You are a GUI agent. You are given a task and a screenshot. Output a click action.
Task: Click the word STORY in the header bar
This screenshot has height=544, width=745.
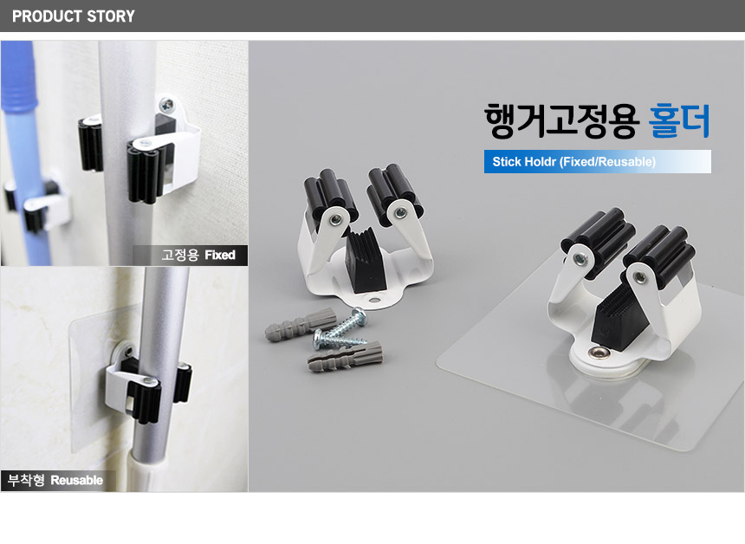[111, 16]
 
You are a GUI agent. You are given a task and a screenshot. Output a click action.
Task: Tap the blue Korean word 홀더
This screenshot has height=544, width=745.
[679, 120]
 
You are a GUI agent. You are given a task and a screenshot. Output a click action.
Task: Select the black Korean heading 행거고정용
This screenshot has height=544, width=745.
[561, 120]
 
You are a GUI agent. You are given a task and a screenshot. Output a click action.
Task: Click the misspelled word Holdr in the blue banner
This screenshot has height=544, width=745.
[541, 161]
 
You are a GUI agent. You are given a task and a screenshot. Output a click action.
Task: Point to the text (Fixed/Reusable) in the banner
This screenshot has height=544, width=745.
[607, 161]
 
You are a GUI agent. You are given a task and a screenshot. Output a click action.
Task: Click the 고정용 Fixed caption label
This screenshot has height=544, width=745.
[198, 256]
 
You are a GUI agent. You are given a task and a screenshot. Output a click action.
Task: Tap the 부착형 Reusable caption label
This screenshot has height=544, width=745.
[55, 480]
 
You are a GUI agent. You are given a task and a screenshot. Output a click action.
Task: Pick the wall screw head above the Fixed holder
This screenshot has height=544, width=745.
[167, 104]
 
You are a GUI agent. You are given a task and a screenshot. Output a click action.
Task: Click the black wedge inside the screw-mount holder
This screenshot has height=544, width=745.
[366, 262]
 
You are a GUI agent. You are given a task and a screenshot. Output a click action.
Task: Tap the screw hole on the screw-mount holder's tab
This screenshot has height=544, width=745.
[374, 301]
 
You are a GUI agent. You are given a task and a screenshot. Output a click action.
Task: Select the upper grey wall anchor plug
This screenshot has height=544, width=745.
[301, 322]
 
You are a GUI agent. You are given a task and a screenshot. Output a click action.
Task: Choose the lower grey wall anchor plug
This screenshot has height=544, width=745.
[345, 356]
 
